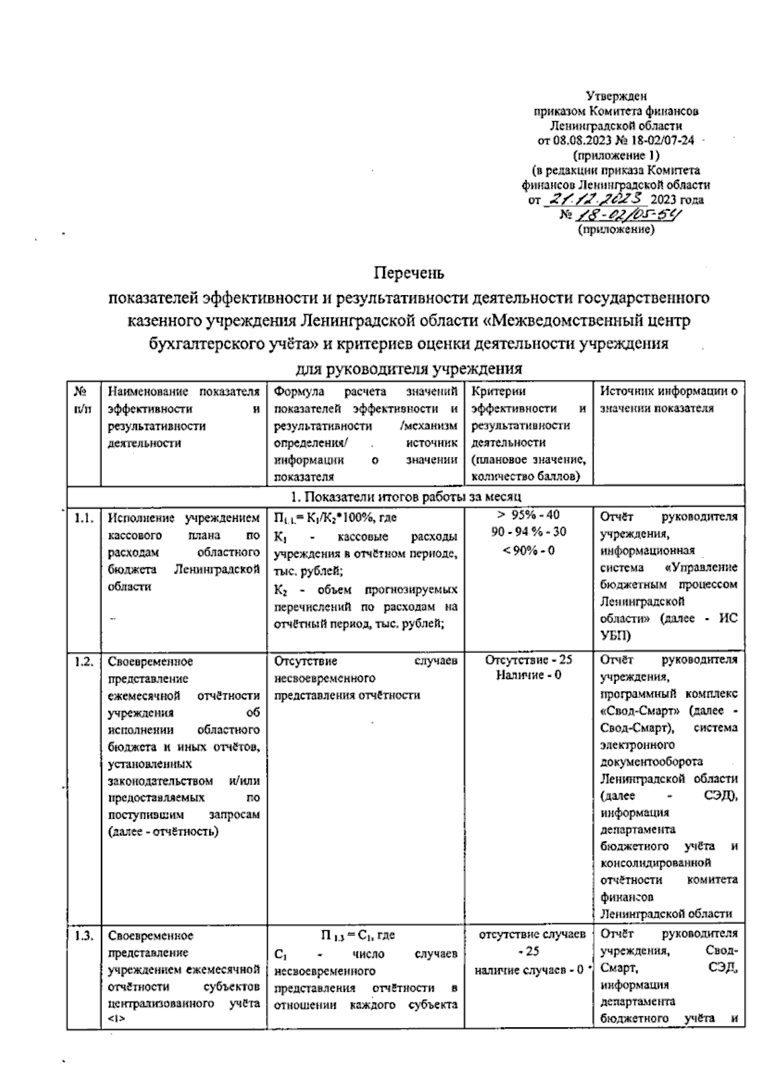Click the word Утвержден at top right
(x=616, y=97)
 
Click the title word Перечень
(x=409, y=273)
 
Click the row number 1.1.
(x=84, y=518)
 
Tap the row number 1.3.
(x=84, y=935)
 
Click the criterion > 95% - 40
(x=528, y=516)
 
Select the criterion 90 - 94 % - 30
(x=528, y=532)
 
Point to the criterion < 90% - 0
(x=528, y=549)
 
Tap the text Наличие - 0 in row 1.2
(x=528, y=675)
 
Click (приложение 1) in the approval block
(x=616, y=155)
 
